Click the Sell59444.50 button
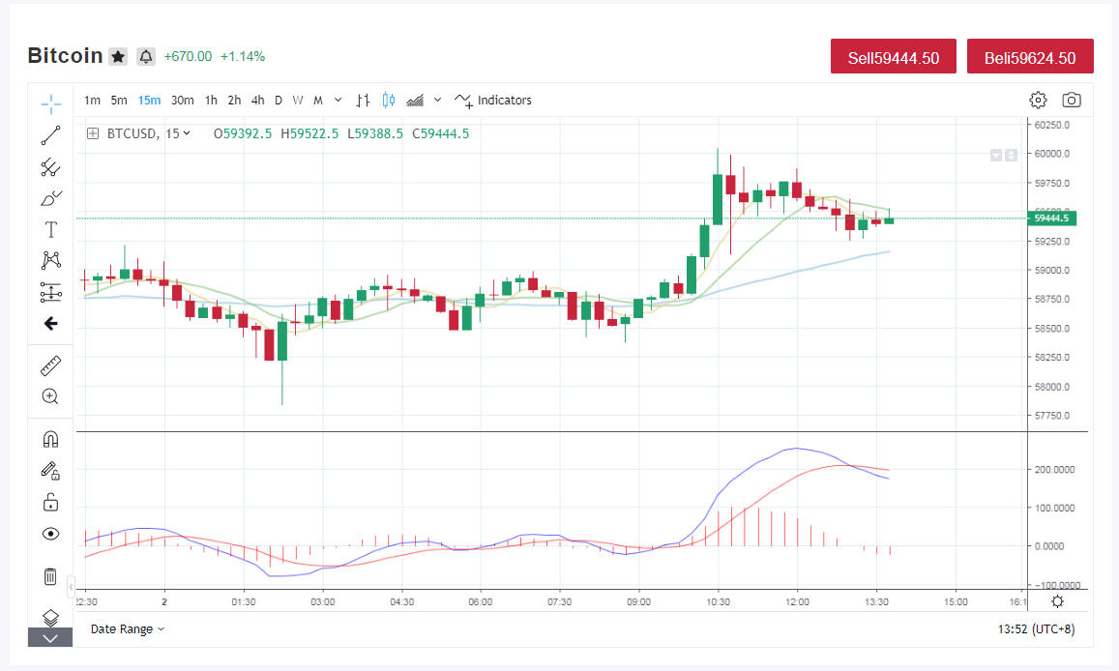point(893,56)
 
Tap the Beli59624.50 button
point(1030,56)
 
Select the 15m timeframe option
point(149,101)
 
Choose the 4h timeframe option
point(257,101)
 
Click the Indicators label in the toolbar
point(505,101)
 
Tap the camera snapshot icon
point(1072,100)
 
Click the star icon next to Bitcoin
point(118,56)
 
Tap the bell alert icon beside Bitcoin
point(146,56)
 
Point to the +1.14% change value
point(243,56)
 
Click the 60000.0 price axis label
point(1052,154)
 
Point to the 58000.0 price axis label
point(1052,387)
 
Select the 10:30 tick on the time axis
point(718,601)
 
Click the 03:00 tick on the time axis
point(323,601)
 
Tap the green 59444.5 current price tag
point(1052,219)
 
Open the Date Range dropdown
point(127,628)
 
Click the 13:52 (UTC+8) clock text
point(1036,628)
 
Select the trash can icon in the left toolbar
point(50,576)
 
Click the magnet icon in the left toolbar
point(50,439)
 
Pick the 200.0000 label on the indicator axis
point(1055,470)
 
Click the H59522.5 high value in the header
point(309,134)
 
